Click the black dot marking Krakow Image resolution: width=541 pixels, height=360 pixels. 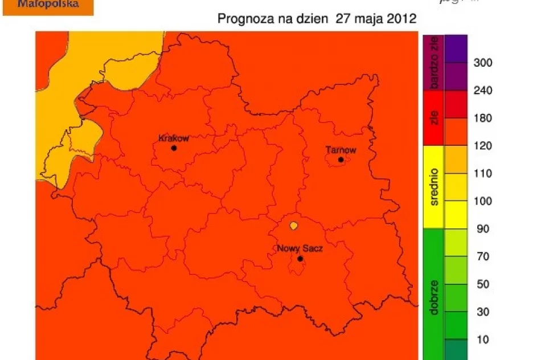tap(174, 148)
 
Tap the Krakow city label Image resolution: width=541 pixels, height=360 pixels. tap(173, 138)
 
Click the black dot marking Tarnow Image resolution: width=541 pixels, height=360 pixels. tap(341, 159)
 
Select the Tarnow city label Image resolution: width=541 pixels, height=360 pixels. tap(341, 150)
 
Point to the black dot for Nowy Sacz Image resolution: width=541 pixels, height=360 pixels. tap(300, 259)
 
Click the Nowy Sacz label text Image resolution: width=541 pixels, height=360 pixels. tap(299, 249)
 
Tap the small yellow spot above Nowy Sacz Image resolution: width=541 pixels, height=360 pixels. tap(293, 226)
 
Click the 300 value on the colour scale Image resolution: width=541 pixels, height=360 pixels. tap(483, 63)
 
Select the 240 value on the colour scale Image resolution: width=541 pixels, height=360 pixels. tap(483, 91)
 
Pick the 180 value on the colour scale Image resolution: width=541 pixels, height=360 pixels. tap(483, 118)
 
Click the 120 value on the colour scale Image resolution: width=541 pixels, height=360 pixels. tap(483, 146)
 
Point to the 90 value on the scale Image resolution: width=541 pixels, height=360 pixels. tap(483, 229)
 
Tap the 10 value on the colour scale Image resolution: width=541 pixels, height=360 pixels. tap(483, 340)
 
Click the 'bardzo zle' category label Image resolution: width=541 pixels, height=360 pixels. tap(434, 63)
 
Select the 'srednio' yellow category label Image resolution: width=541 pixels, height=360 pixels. tap(434, 187)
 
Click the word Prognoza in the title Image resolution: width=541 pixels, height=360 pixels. tap(243, 19)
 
